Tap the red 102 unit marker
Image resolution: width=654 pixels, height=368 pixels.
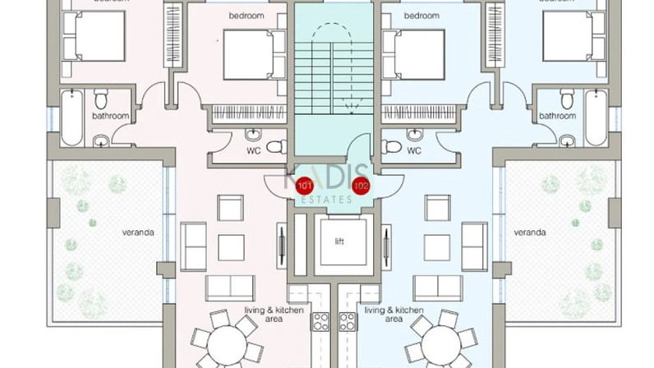tap(360, 186)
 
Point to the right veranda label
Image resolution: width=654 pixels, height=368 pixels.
tap(530, 232)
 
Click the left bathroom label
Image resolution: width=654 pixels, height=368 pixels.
tap(110, 117)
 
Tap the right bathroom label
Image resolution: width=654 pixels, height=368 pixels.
tap(556, 117)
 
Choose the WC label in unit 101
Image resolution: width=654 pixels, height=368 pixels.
tap(254, 151)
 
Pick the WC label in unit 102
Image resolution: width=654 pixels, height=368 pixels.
tap(414, 151)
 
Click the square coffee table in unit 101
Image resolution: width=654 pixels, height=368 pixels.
tap(229, 244)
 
